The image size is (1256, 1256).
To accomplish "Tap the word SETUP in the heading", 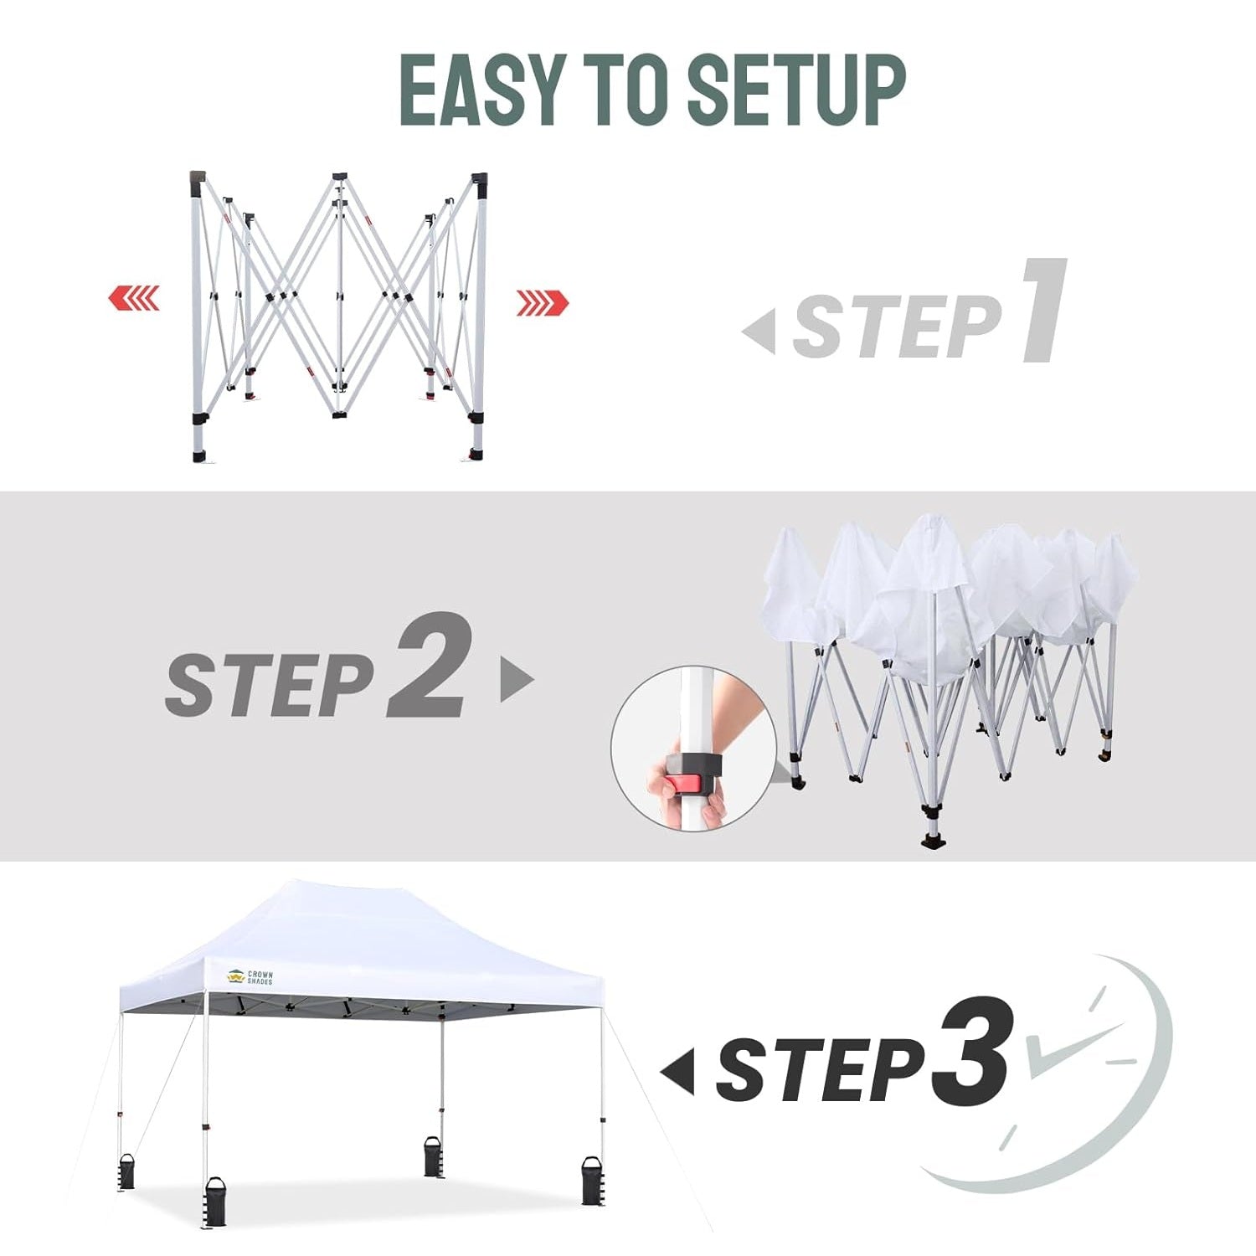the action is point(796,90).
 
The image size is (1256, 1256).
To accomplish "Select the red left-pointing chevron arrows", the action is point(134,297).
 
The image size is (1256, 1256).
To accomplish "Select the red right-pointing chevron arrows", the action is point(543,302).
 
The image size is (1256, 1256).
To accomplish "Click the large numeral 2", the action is point(429,665).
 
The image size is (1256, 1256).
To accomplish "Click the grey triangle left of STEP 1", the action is point(759,331).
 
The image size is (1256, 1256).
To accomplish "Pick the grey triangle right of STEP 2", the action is point(517,678).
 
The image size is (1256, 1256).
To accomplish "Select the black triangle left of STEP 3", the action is point(677,1071).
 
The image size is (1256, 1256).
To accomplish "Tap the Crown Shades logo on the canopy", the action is point(250,977).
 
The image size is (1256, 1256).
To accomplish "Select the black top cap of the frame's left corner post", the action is point(197,180).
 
